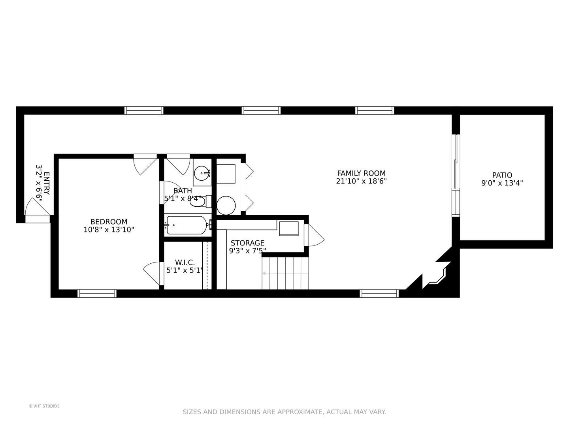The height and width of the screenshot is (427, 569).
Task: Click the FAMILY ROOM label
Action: [361, 173]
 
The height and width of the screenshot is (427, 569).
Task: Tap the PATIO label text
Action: [502, 175]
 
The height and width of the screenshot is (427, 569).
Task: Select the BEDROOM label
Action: [109, 222]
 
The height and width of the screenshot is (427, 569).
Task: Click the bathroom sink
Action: [203, 173]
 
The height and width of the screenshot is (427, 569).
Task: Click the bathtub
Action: [187, 225]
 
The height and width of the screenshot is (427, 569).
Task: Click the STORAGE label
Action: [248, 243]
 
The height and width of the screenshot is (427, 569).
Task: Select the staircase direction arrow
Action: [285, 273]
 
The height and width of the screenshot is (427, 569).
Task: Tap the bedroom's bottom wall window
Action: [97, 293]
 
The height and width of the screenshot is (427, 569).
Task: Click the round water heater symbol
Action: [226, 205]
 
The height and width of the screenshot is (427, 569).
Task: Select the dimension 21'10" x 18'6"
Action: [361, 181]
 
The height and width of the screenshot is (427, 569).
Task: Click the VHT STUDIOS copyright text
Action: [44, 406]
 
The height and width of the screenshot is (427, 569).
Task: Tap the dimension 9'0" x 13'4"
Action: [502, 183]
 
